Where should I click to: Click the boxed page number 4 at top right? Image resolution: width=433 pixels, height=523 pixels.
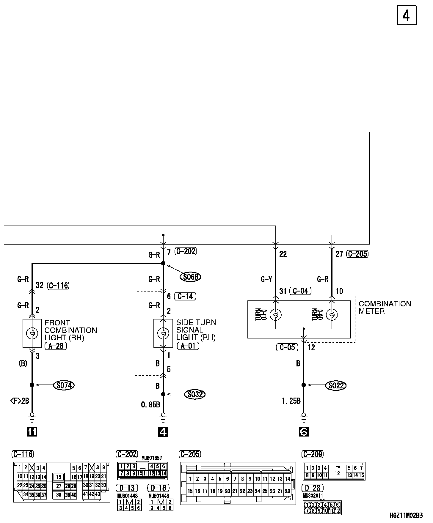407,16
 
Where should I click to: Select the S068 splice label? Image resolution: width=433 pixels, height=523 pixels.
191,277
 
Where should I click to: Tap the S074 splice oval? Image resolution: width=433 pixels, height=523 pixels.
64,385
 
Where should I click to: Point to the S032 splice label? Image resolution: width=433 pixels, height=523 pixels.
195,395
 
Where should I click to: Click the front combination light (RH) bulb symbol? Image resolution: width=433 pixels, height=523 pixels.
32,333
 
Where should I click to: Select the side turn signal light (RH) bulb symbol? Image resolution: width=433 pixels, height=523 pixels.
163,333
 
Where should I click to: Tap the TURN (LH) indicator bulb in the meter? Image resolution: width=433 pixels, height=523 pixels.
275,315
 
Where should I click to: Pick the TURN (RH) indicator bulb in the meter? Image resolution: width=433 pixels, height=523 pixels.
332,315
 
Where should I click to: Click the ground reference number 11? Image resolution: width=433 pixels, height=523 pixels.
32,431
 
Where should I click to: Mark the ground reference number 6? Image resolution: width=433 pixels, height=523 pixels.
303,431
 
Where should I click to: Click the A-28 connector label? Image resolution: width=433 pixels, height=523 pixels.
56,346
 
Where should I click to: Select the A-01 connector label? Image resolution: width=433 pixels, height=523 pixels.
187,346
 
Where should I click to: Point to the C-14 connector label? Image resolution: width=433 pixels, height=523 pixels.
185,296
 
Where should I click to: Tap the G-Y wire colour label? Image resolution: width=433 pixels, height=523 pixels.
266,279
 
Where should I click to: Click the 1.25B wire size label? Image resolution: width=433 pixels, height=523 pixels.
291,401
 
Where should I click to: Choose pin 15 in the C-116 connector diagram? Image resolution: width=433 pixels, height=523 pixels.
59,477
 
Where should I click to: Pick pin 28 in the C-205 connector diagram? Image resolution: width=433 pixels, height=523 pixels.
287,491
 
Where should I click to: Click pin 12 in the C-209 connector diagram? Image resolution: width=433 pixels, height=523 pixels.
337,473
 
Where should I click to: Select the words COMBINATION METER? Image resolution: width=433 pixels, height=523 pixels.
385,308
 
